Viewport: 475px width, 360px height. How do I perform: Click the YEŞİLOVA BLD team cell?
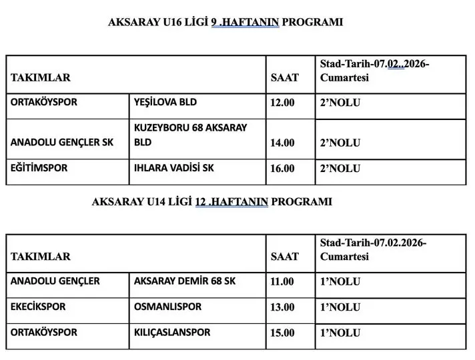[166, 103]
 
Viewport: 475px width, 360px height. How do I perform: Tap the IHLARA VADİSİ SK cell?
[174, 168]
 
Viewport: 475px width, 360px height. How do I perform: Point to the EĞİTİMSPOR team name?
[39, 168]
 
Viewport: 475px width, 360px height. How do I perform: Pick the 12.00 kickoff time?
[282, 103]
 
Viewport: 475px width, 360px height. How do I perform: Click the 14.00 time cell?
[282, 143]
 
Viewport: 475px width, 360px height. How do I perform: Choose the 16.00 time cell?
[282, 169]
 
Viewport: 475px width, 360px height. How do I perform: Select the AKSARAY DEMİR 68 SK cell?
[185, 281]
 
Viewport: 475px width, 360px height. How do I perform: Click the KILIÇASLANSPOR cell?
[172, 332]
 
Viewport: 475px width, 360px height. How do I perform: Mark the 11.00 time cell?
[282, 281]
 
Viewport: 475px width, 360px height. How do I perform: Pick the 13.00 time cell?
[282, 307]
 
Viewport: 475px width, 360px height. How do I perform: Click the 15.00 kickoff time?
[282, 333]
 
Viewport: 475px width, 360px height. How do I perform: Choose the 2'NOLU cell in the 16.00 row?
[340, 169]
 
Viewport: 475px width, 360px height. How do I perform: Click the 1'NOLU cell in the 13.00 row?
[340, 307]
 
